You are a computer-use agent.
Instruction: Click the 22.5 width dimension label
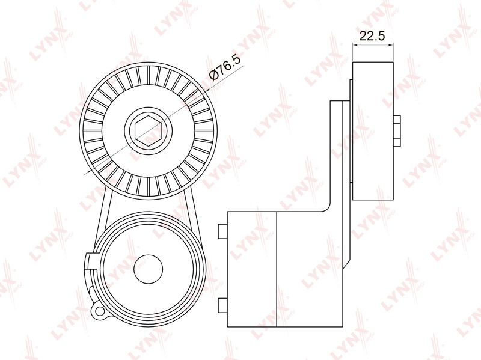[372, 36]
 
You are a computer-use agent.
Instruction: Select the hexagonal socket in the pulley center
[148, 131]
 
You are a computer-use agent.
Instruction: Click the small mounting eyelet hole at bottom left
[99, 311]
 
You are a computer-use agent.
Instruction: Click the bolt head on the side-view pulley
[397, 130]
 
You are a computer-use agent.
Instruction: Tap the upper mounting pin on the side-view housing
[222, 231]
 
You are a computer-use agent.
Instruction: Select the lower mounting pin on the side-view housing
[222, 305]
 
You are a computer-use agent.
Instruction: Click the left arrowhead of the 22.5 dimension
[355, 45]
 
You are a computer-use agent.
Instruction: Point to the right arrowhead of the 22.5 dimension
[391, 45]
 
